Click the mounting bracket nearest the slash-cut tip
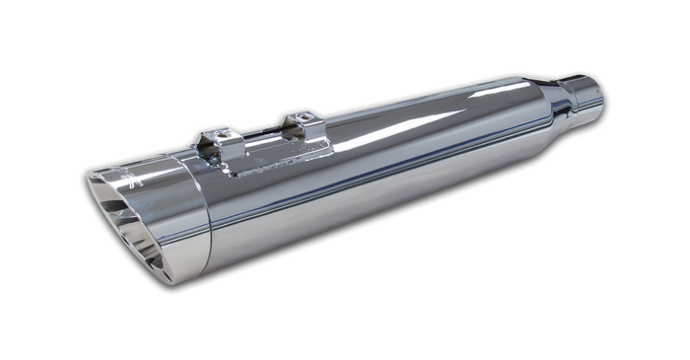pos(218,142)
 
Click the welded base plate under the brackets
pos(276,158)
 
